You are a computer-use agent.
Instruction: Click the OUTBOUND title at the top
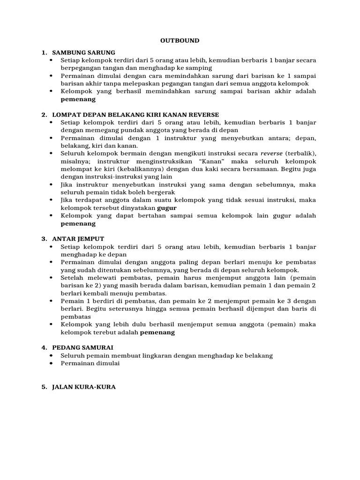[x=180, y=41]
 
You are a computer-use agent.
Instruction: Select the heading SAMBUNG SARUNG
[x=84, y=52]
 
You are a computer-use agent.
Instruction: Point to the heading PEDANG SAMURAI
[x=83, y=347]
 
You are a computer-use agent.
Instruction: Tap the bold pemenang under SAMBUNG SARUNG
[x=78, y=99]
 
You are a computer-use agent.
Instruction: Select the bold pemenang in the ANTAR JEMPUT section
[x=157, y=332]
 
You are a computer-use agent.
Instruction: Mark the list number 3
[x=43, y=239]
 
